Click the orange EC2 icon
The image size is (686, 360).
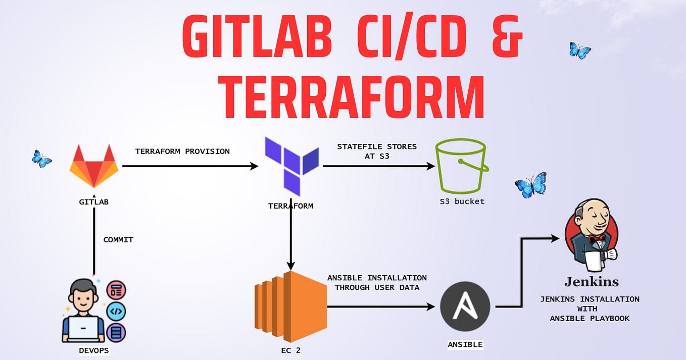(290, 306)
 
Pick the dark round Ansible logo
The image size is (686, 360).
(465, 306)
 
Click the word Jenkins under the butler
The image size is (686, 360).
(592, 282)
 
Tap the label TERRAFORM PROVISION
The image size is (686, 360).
(182, 151)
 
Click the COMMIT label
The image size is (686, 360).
(118, 240)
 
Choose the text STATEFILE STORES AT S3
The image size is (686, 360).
(377, 151)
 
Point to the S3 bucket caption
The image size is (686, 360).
(462, 201)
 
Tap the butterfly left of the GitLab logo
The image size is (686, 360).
(41, 159)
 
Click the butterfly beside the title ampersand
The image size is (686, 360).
(580, 50)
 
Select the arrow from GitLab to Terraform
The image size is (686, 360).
(190, 166)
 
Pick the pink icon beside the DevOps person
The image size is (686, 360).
(116, 290)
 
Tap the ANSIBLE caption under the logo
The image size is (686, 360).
(465, 345)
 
